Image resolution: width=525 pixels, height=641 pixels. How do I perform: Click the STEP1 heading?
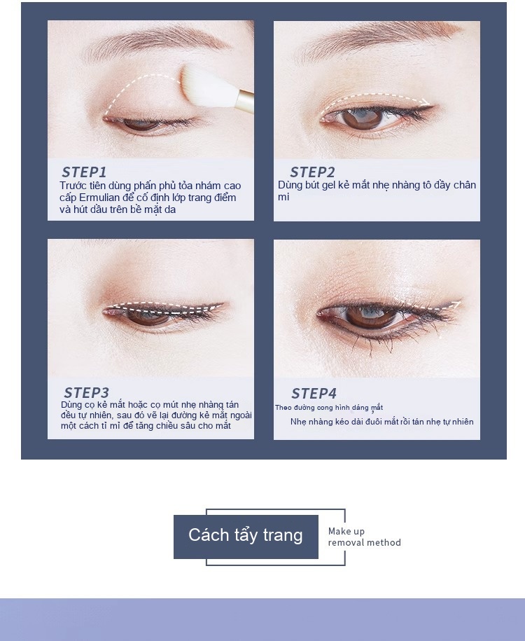(x=84, y=172)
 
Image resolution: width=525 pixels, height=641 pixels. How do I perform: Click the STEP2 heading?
(x=312, y=172)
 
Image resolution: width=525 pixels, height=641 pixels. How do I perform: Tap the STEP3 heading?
(x=86, y=392)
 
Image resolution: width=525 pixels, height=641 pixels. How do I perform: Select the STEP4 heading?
(x=314, y=393)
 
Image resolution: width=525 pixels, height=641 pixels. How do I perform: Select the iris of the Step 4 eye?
(x=370, y=317)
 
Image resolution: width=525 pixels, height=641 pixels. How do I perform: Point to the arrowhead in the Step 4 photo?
(x=457, y=304)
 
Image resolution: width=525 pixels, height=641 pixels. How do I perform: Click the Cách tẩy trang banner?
(x=246, y=537)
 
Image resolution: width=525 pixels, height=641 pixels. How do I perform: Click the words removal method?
(x=365, y=542)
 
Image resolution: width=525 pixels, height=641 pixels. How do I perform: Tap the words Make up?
(x=346, y=531)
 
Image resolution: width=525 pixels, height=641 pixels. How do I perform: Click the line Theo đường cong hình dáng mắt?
(x=329, y=408)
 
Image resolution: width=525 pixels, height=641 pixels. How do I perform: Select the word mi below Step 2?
(x=283, y=197)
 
